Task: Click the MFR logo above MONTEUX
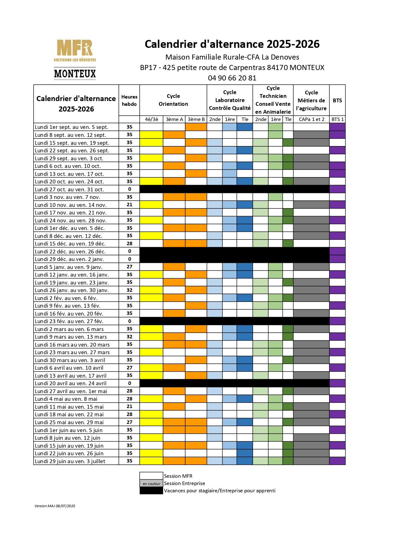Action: point(75,50)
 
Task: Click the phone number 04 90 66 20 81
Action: point(232,78)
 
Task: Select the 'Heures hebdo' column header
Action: point(129,100)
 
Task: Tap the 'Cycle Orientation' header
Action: point(173,100)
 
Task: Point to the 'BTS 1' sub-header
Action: point(337,119)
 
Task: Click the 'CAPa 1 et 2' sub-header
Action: point(311,119)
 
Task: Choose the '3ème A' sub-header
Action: point(174,119)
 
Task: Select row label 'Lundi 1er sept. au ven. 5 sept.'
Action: point(72,127)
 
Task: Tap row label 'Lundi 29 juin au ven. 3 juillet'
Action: point(70,461)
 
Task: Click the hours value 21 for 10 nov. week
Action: point(129,205)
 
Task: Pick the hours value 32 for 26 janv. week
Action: point(129,290)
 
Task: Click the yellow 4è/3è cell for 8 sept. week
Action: point(151,135)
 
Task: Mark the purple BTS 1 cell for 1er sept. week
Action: point(337,127)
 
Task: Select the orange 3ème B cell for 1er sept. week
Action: point(196,127)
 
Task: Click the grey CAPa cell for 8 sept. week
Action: point(311,135)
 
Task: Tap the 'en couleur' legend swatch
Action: point(151,483)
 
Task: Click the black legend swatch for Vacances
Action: point(151,491)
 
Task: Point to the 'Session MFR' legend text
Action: point(178,476)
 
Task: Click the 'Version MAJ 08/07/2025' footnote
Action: point(55,506)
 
